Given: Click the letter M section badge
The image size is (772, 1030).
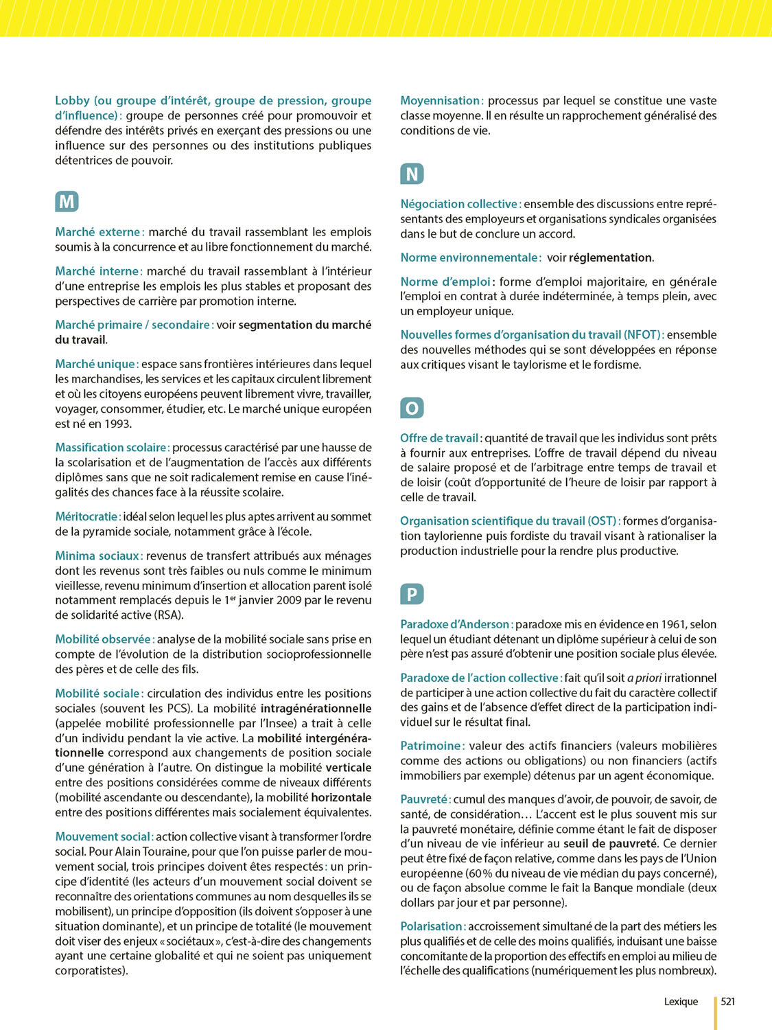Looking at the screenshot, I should coord(67,202).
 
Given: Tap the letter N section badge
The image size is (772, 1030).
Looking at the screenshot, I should coord(412,174).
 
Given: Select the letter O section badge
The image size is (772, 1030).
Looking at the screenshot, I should coord(412,408).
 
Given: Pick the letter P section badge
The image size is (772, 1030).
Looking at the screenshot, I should coord(412,594).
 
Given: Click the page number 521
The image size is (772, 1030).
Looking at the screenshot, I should coord(728,1001).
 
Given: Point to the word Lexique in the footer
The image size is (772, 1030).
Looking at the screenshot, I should coord(681,1001).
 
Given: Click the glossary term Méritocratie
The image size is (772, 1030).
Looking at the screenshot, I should coord(87,516).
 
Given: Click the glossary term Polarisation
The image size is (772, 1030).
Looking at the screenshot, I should coord(432,926).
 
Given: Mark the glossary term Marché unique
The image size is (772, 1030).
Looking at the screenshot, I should coord(96,364).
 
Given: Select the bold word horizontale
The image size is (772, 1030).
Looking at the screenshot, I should coord(341,797).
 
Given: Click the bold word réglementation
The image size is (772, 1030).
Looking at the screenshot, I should coord(610,257).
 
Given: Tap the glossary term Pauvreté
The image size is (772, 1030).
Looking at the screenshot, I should coord(425,799).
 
